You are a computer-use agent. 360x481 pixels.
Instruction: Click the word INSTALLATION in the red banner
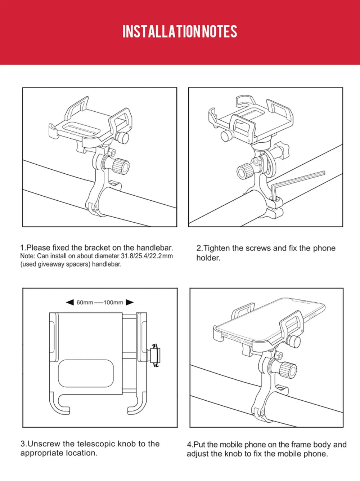pyautogui.click(x=161, y=32)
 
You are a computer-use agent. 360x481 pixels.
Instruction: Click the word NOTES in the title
pyautogui.click(x=220, y=32)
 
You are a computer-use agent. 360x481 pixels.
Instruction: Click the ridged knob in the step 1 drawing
pyautogui.click(x=120, y=166)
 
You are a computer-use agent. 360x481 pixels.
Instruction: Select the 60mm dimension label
pyautogui.click(x=85, y=303)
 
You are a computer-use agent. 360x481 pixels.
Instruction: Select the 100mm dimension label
pyautogui.click(x=113, y=303)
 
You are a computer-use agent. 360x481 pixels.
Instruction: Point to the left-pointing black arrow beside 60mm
pyautogui.click(x=70, y=302)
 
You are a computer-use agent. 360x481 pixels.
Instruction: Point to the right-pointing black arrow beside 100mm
pyautogui.click(x=130, y=302)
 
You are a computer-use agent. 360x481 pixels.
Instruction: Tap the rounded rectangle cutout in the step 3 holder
pyautogui.click(x=86, y=373)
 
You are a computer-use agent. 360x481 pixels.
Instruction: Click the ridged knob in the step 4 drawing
pyautogui.click(x=288, y=370)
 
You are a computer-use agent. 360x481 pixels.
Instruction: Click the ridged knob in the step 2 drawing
pyautogui.click(x=245, y=170)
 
